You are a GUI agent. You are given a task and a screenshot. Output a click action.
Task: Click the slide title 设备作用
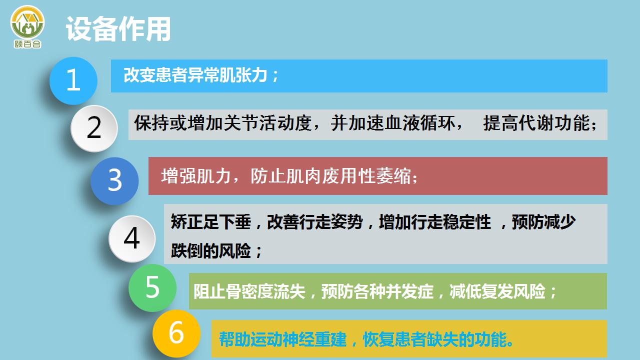118,29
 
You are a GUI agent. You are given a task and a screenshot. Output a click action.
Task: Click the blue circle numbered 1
73,81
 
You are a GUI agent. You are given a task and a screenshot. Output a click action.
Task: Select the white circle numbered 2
94,128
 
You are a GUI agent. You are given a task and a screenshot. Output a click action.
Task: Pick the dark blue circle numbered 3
114,181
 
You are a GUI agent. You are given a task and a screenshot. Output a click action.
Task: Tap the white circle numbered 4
132,239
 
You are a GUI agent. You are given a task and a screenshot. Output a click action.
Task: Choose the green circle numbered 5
152,287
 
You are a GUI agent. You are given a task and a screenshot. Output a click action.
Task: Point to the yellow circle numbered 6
176,333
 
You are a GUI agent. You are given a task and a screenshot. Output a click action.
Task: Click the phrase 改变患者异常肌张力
195,75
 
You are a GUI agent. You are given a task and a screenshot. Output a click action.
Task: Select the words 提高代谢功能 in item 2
536,123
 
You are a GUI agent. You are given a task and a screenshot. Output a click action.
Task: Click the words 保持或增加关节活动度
223,123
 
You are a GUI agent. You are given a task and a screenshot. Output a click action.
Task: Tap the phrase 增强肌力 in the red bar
196,176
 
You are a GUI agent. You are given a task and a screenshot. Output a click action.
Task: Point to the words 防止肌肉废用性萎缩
330,176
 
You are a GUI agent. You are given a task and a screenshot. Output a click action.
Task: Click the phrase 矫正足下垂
211,221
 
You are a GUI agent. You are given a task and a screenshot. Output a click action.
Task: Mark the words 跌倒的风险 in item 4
211,251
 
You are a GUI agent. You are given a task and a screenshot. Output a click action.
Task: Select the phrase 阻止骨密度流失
249,291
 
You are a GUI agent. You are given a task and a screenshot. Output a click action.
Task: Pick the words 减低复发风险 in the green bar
497,291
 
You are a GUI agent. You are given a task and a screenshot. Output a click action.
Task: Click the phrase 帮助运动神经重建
282,339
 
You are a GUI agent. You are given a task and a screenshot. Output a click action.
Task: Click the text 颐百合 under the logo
27,44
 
